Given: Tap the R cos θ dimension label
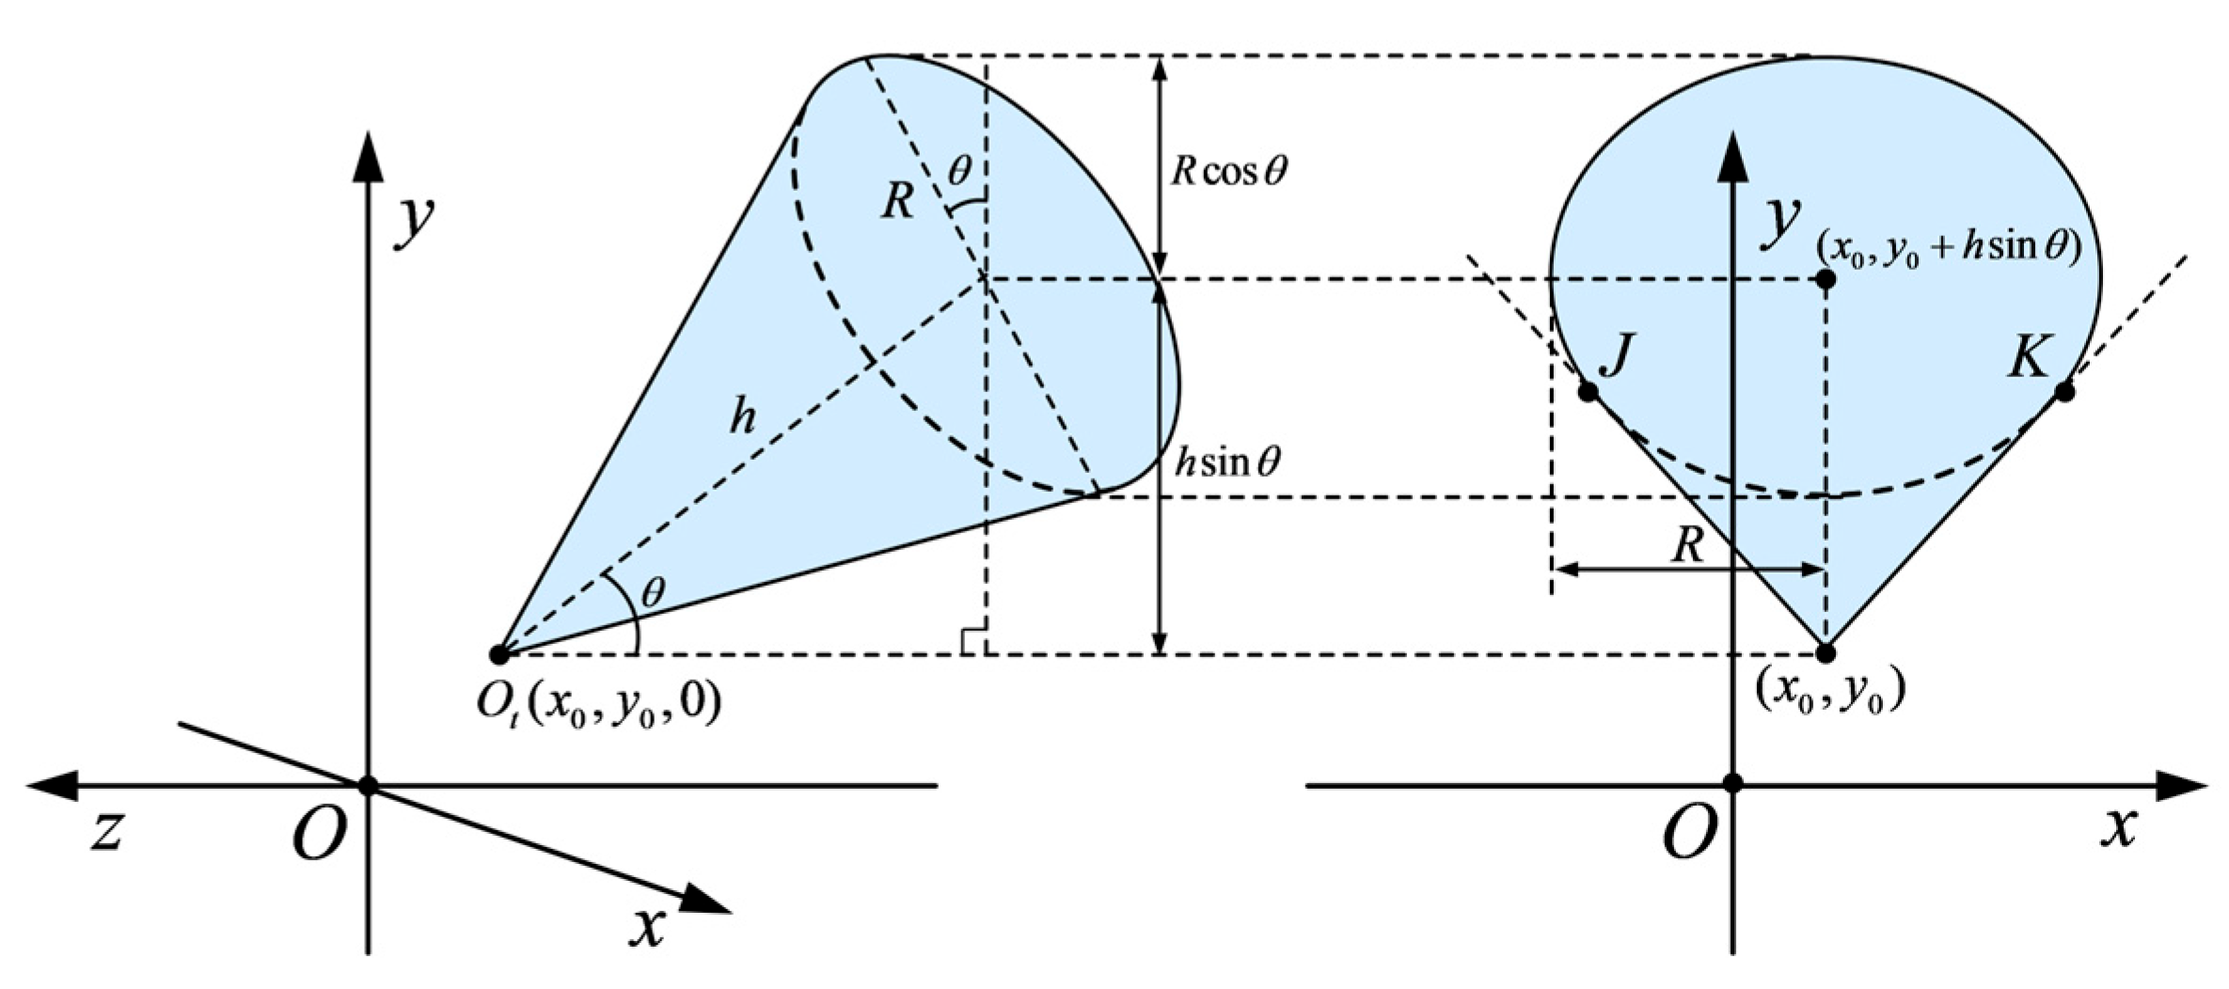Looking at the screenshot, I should click(x=1228, y=171).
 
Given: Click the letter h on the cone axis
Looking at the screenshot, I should click(x=742, y=416).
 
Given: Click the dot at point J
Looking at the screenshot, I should click(x=1588, y=392).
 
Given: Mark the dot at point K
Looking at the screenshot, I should click(x=2064, y=392).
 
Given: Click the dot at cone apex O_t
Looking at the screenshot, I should click(x=499, y=653).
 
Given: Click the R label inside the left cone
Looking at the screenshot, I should click(x=897, y=200).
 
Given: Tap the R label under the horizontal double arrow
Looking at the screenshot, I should click(x=1688, y=545).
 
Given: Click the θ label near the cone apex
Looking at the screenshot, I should click(x=653, y=592).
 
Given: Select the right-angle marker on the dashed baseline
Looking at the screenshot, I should click(x=973, y=641).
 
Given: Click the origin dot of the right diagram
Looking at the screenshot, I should click(x=1734, y=783).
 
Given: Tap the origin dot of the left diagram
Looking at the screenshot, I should click(x=368, y=784).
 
